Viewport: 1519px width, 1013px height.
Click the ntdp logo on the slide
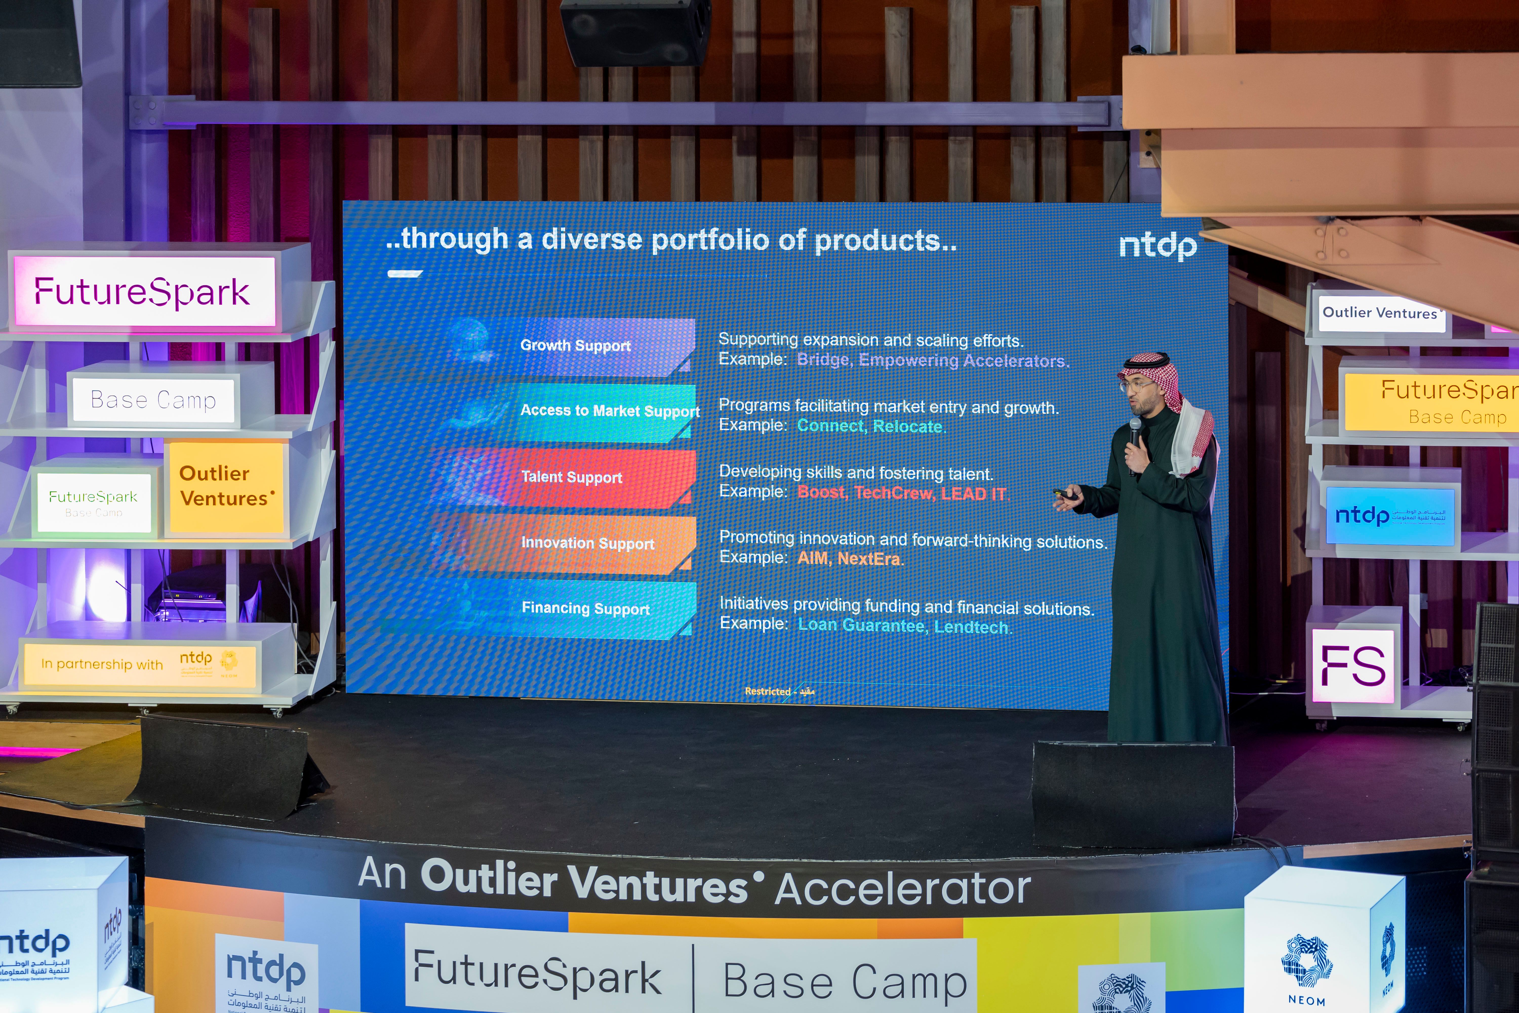click(x=1157, y=246)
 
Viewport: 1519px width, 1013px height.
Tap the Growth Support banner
click(x=575, y=346)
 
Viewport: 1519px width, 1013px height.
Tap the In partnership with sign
click(x=139, y=664)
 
